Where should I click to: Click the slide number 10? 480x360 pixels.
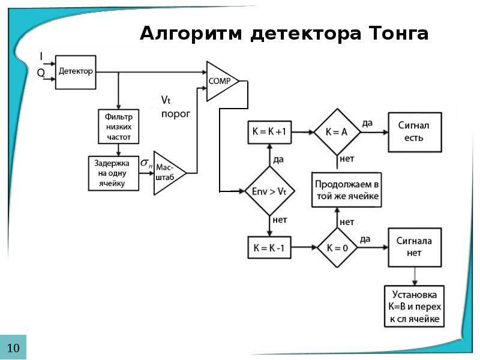coord(13,348)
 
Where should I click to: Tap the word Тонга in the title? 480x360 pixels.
coord(398,33)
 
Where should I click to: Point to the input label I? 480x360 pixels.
coord(41,56)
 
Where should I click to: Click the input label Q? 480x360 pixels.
coord(41,73)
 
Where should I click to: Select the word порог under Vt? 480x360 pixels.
coord(176,114)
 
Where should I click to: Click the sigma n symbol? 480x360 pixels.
coord(146,163)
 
